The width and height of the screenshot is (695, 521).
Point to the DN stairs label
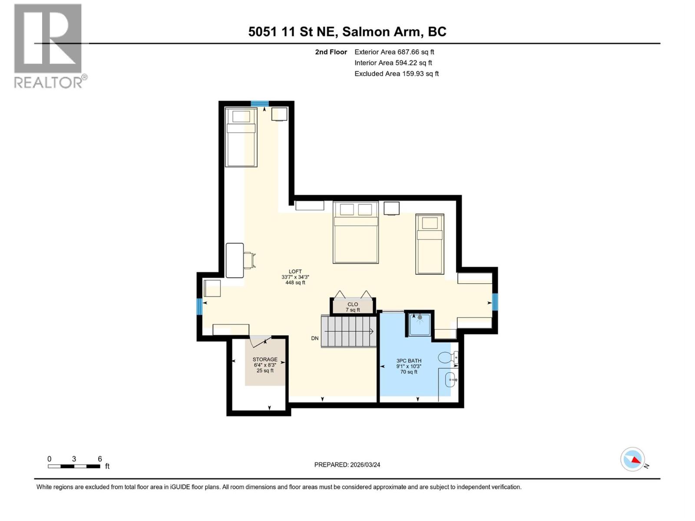[x=315, y=338]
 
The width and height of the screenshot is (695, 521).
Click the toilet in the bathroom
[x=447, y=357]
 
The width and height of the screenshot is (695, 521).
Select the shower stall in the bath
[x=420, y=324]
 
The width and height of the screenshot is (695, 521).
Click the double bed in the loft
[x=355, y=232]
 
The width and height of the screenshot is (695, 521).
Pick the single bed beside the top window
[x=241, y=137]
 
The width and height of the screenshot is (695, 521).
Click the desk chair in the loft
[x=249, y=260]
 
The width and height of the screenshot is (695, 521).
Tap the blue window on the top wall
[x=260, y=103]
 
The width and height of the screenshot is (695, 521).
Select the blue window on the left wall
[x=199, y=307]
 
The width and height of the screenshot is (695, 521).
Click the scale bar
[x=74, y=466]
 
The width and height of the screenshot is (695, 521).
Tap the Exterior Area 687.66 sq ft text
[x=394, y=52]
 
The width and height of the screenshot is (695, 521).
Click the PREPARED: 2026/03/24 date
[x=347, y=465]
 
